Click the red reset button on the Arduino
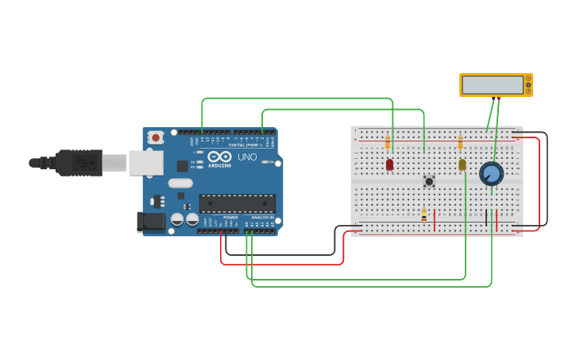point(156,137)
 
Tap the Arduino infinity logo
point(219,157)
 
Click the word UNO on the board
point(247,157)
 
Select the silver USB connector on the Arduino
point(146,163)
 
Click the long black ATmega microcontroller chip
point(237,203)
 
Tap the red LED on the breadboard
point(389,165)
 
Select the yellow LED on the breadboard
point(462,165)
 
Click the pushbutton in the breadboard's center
point(429,181)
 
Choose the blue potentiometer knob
point(492,173)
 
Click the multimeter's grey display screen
point(492,84)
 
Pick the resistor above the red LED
point(388,143)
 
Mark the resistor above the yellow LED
point(461,143)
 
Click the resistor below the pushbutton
point(424,215)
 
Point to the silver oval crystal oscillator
point(180,183)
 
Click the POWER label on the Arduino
point(230,217)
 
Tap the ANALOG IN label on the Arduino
point(262,217)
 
